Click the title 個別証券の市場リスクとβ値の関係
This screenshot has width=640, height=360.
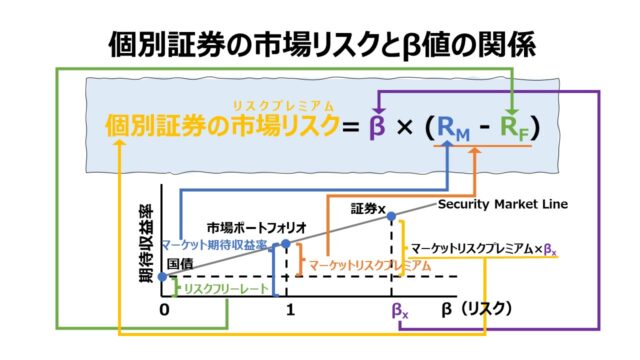point(320,43)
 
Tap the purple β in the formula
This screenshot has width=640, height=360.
point(376,128)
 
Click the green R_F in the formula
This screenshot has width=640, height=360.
point(513,129)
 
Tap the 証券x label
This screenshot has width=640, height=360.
point(374,210)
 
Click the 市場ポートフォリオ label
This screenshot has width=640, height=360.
point(256,227)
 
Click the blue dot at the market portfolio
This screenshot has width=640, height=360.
point(286,243)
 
